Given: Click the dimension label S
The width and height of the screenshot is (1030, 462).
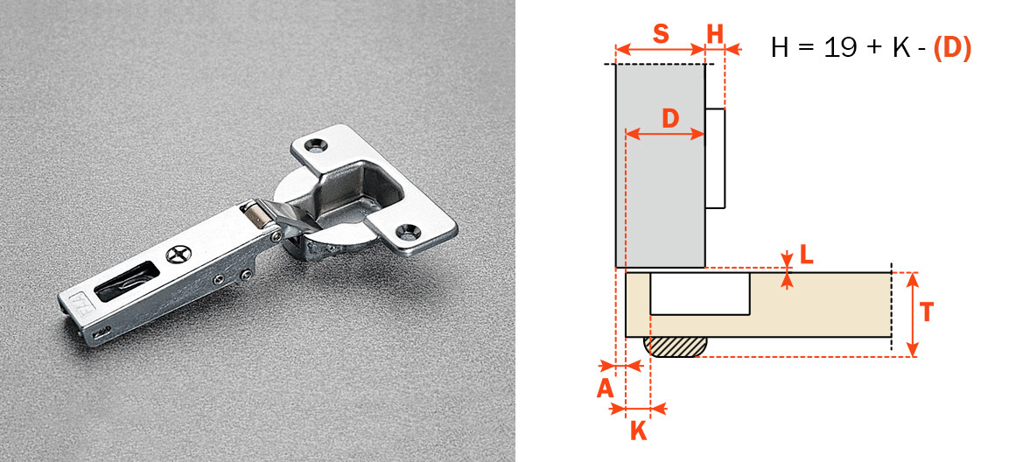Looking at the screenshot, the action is [661, 33].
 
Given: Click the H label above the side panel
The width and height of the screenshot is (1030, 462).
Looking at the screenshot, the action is [715, 33].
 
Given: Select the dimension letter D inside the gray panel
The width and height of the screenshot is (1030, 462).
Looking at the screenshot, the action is [669, 118].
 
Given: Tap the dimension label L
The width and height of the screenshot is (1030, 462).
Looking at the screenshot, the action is [806, 255].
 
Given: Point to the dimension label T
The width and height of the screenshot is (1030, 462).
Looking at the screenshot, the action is [926, 312].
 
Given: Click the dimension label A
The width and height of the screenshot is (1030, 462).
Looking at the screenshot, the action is [605, 388].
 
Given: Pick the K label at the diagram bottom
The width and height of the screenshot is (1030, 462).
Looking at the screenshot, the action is [639, 431].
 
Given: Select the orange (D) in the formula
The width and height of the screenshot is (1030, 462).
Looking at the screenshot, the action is [952, 48].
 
